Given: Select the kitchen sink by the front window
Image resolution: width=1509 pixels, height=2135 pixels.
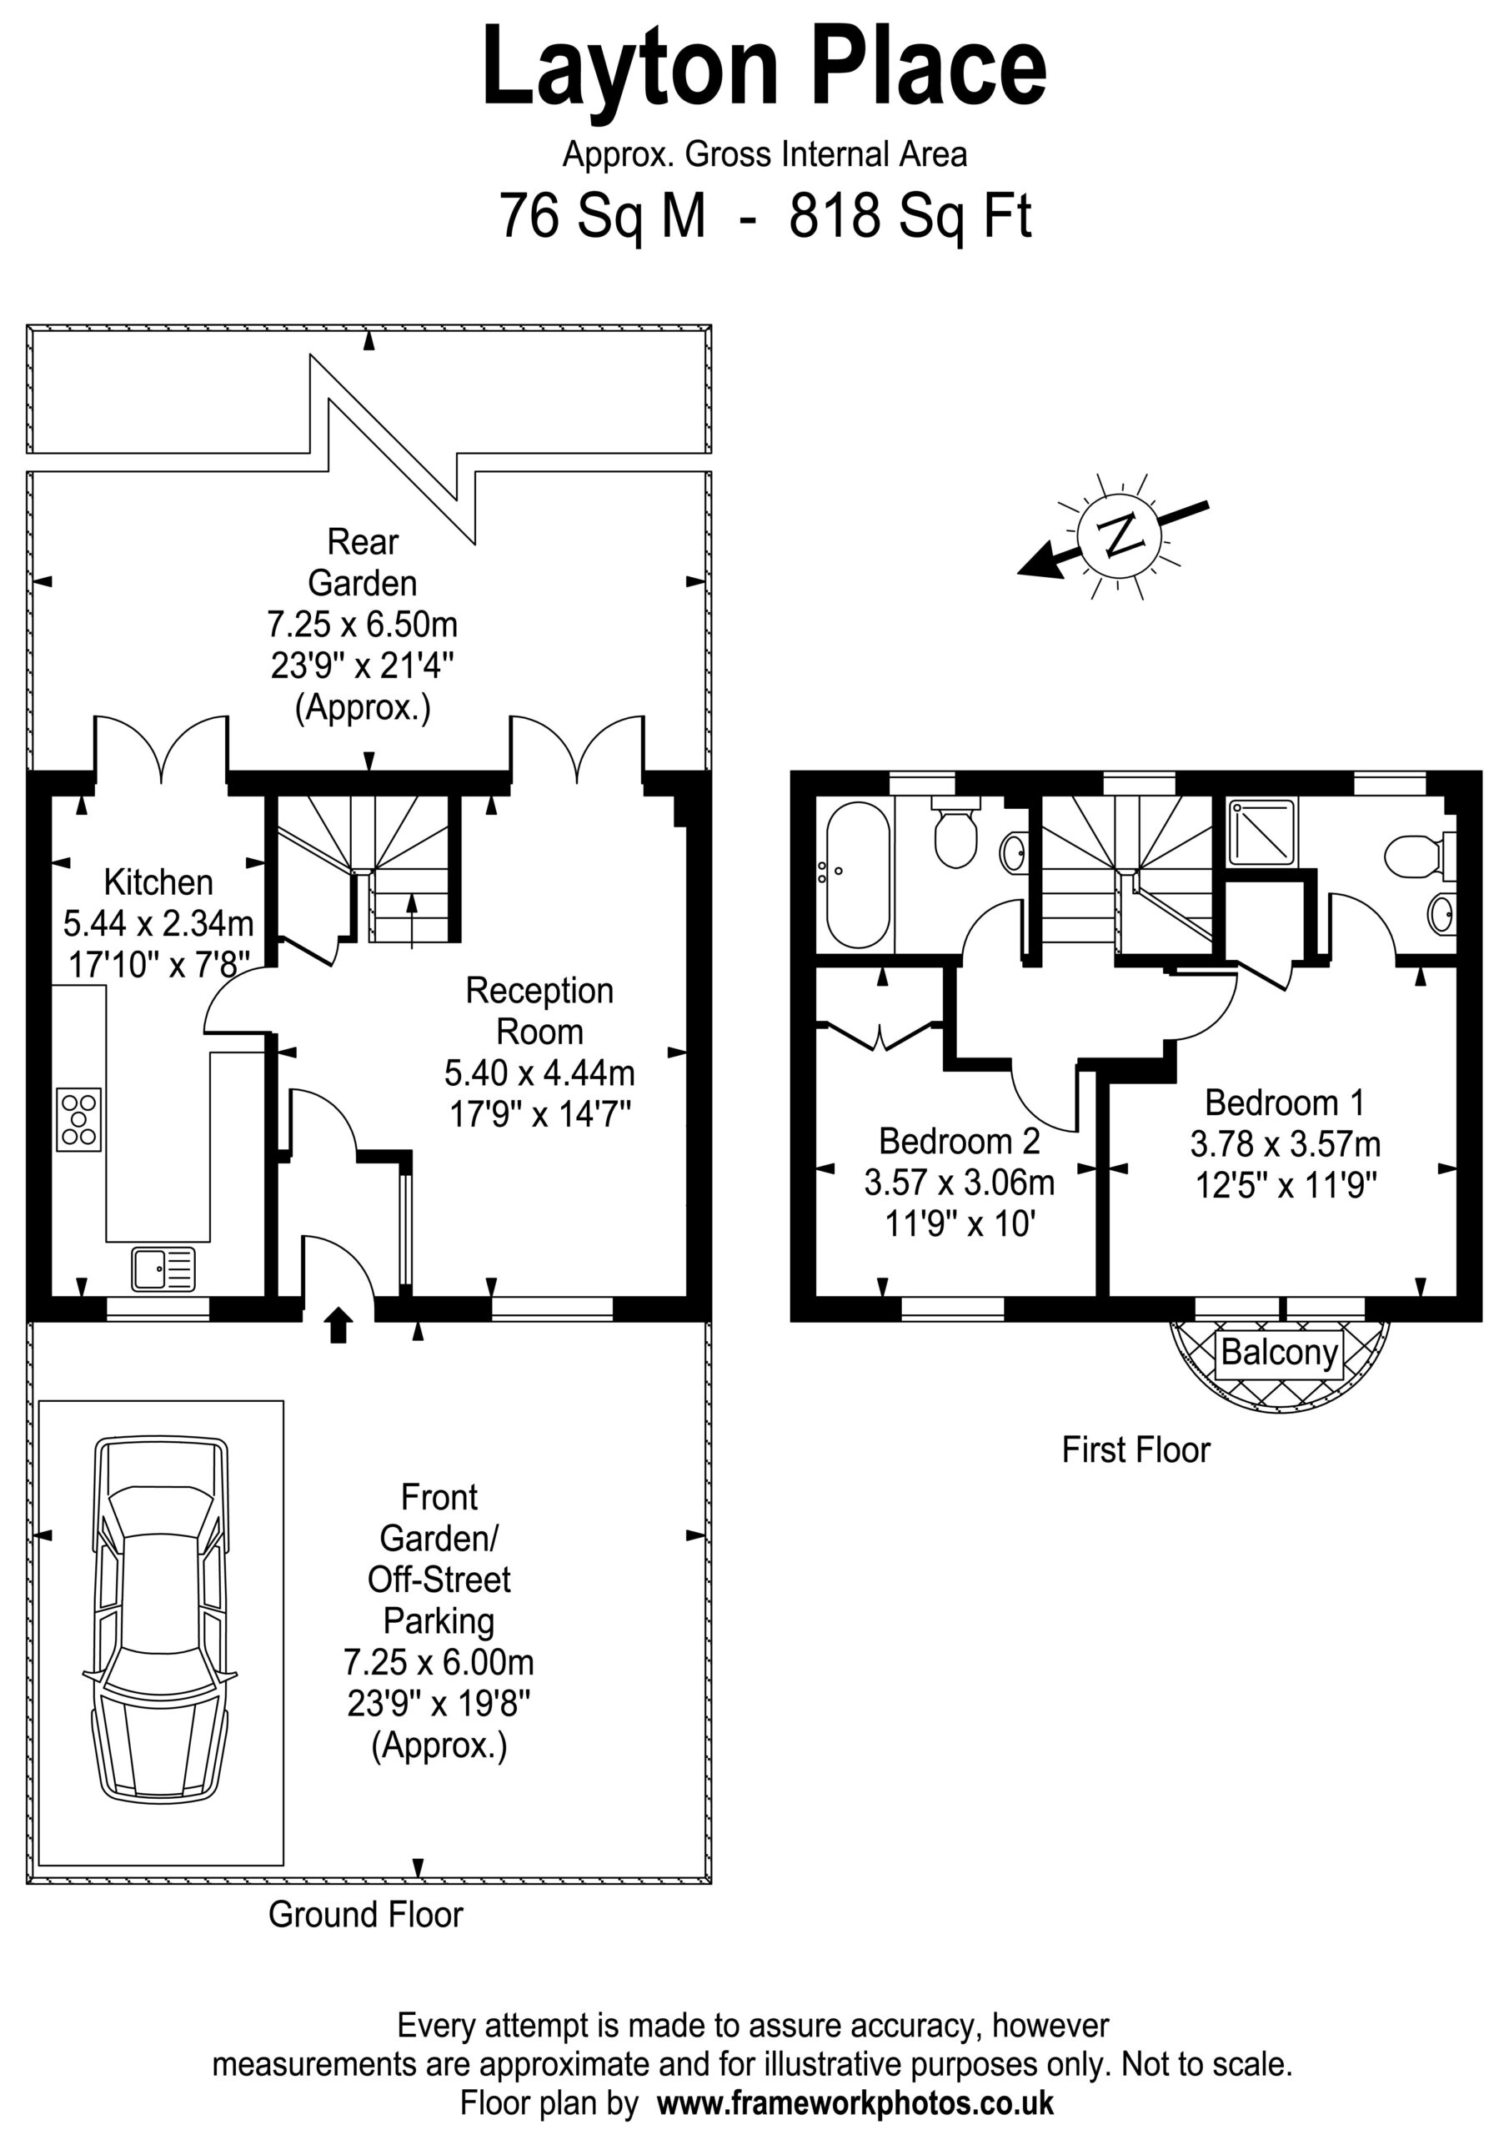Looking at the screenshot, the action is coord(163,1269).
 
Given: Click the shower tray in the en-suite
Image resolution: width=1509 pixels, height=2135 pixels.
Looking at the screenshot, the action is coord(1261,832).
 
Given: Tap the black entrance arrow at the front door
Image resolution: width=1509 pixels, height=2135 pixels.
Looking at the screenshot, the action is coord(338,1326).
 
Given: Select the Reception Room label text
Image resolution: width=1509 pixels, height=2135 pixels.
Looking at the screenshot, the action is coord(539,1011).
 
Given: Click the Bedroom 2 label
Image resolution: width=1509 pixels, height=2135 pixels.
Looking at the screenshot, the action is coord(960,1140).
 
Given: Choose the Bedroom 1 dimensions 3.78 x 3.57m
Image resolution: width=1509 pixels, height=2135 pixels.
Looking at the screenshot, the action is coord(1285,1143).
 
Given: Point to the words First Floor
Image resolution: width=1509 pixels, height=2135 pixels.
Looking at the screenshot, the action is coord(1136,1449).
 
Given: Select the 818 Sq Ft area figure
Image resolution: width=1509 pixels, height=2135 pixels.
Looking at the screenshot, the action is coord(910,217).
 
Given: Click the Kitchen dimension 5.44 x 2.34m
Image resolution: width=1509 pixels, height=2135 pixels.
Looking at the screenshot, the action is coord(158,923).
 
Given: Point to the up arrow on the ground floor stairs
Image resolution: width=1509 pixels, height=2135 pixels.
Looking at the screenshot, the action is coord(412,921).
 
